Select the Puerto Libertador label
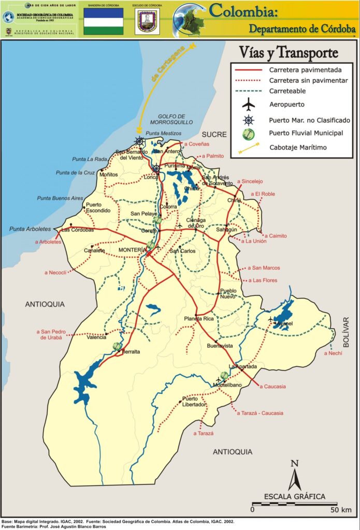point(194,402)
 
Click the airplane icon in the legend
point(249,105)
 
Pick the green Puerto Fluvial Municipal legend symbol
point(249,134)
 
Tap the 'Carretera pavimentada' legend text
point(305,69)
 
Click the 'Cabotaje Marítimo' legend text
point(298,147)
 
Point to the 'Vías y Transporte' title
point(289,52)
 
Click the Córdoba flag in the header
point(104,21)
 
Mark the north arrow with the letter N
point(295,475)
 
